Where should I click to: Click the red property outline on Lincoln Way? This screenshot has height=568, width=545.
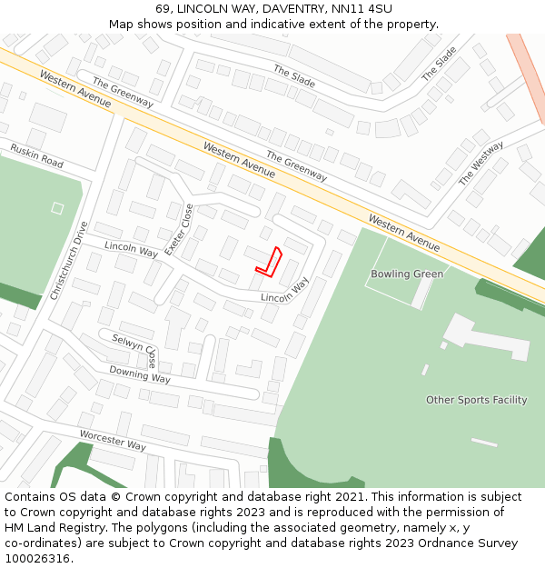(270, 261)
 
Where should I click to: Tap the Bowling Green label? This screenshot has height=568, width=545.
(407, 274)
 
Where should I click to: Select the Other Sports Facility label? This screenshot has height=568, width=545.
(476, 400)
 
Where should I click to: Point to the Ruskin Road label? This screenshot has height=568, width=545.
(36, 155)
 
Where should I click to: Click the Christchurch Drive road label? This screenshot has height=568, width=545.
(70, 262)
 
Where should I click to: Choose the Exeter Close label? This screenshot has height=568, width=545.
(178, 229)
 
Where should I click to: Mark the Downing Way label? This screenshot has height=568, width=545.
(140, 374)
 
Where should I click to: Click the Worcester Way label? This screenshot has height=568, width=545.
(112, 441)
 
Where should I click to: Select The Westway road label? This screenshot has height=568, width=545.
(481, 163)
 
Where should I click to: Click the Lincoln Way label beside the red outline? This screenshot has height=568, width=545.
(284, 291)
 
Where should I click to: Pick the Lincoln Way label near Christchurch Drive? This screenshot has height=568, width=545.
(131, 249)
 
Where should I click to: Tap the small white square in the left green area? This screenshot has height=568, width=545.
(57, 208)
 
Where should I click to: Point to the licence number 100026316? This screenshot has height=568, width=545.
(37, 559)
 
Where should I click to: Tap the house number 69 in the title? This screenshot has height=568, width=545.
(163, 8)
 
